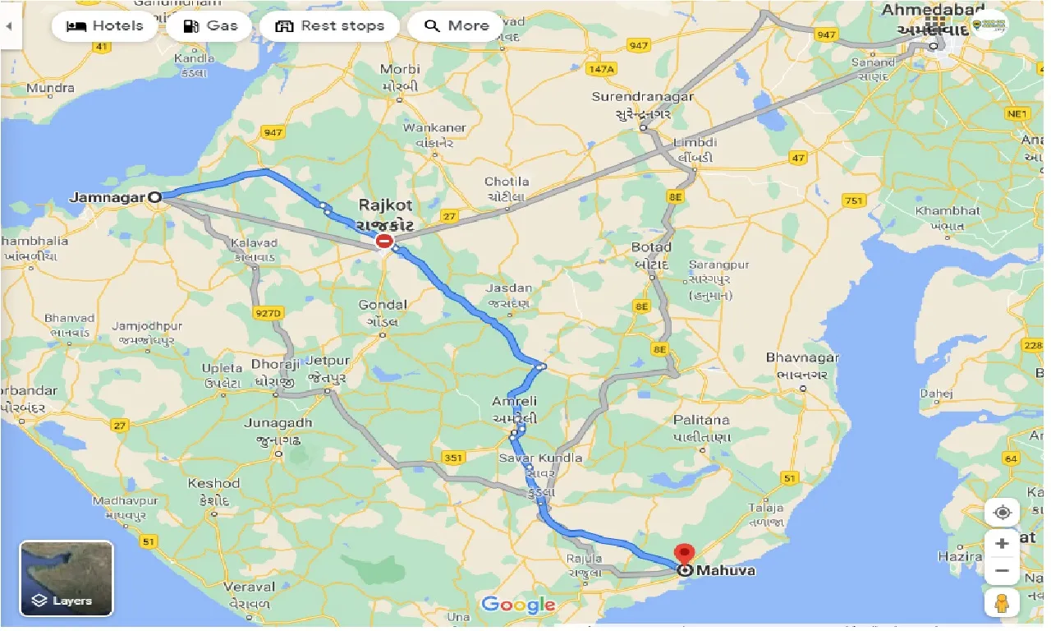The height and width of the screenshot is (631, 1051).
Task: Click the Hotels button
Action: pos(104,25)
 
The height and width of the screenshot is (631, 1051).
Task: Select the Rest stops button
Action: pos(329,25)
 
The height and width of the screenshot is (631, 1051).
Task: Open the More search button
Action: pos(456,25)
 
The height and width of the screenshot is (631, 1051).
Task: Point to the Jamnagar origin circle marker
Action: pos(154,196)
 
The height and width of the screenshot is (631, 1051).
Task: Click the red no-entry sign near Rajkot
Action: pos(383,242)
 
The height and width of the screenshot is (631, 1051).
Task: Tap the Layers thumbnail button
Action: pos(67,578)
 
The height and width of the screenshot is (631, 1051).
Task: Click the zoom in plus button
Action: pos(1002,543)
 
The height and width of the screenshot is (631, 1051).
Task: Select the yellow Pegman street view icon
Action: pos(1002,604)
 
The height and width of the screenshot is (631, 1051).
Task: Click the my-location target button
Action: pos(1002,513)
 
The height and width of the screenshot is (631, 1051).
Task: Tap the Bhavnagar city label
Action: pos(802,358)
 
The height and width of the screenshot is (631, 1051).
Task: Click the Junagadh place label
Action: pos(278,423)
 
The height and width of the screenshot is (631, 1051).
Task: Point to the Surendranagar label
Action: pos(643,97)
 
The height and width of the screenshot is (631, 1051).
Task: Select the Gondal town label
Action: pos(383,305)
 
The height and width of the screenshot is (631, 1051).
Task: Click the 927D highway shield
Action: pos(268,313)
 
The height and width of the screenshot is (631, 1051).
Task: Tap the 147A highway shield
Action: pos(602,70)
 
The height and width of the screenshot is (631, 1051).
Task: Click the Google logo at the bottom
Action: pos(518,606)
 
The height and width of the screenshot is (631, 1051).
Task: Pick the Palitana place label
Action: pos(701,420)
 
